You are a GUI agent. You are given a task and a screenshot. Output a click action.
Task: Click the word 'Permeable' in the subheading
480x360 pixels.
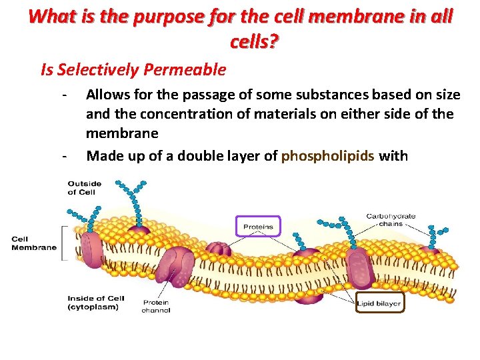(x=191, y=69)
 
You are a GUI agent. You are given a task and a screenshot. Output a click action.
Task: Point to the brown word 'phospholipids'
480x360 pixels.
(x=327, y=156)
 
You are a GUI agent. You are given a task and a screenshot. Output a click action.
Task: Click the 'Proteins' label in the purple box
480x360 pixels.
(x=258, y=227)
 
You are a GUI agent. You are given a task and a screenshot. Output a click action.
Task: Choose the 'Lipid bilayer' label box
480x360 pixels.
(x=379, y=303)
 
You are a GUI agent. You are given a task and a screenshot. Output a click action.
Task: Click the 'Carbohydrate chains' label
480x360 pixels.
(x=391, y=220)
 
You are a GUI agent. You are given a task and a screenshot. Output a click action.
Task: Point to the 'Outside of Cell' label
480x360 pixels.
(x=84, y=187)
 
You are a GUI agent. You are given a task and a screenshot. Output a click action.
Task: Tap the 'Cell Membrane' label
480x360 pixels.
(x=34, y=243)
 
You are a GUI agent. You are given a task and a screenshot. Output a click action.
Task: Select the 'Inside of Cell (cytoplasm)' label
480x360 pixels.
(x=93, y=303)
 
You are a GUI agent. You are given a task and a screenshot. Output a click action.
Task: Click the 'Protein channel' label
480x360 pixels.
(x=156, y=306)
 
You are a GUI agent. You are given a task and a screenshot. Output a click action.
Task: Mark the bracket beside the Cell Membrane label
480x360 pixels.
(x=64, y=243)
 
